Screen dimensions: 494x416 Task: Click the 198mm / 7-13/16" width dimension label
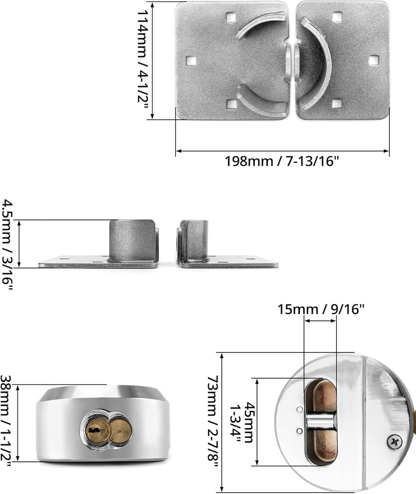click(282, 161)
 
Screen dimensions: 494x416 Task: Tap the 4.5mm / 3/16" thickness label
click(9, 245)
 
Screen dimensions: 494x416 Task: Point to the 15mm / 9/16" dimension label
click(321, 309)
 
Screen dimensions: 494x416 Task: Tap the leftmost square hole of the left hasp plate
click(191, 61)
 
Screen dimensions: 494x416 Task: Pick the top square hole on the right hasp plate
click(336, 17)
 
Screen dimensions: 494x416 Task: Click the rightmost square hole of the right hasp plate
click(373, 60)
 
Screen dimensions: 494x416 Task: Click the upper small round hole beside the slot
click(300, 409)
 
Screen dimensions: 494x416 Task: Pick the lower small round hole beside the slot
click(300, 431)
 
